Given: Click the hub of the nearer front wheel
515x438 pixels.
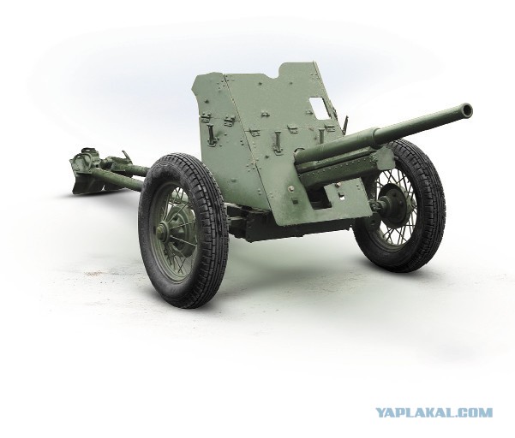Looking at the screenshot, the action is (x=163, y=228).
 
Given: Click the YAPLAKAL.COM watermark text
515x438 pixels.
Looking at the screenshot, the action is (x=434, y=412).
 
